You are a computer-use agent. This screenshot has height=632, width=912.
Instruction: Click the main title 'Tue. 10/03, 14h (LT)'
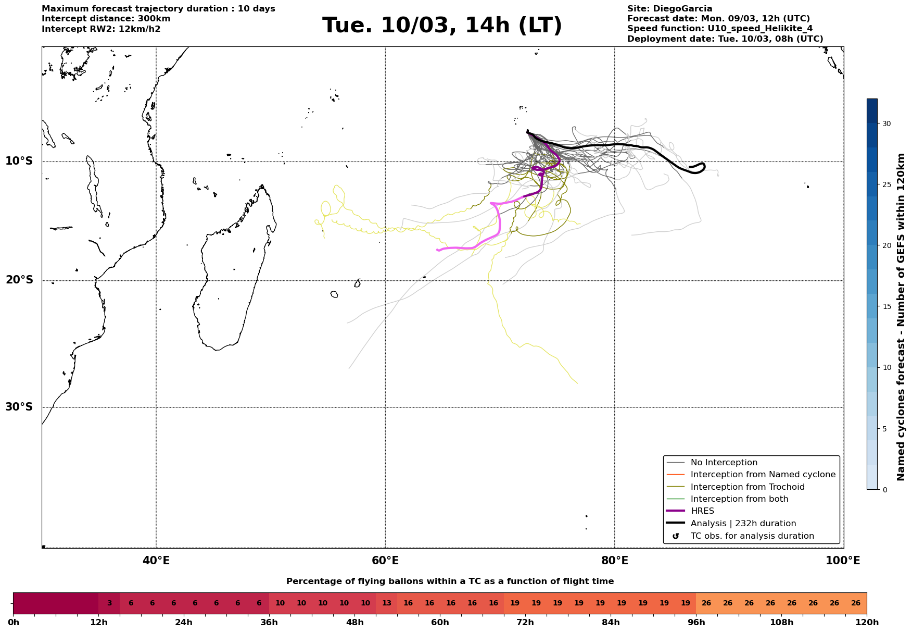click(442, 26)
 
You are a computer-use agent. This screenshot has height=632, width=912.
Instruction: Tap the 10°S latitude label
click(19, 161)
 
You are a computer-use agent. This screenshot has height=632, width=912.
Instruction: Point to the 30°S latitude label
click(19, 407)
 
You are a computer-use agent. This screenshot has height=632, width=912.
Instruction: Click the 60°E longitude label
click(385, 561)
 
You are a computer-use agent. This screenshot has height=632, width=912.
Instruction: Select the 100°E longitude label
click(843, 561)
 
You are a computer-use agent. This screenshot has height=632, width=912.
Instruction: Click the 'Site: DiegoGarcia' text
click(669, 9)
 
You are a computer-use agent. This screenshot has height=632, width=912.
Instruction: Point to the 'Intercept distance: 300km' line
click(106, 19)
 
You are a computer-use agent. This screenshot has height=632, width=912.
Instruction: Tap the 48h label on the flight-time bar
click(354, 622)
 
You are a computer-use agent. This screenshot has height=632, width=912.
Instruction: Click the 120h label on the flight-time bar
click(866, 622)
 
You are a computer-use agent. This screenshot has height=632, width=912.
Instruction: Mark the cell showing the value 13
click(386, 603)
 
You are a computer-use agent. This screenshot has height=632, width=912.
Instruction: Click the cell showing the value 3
click(109, 603)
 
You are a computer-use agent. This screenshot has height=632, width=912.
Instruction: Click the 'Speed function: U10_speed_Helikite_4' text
click(720, 29)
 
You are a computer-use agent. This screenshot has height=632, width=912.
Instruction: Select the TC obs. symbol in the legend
click(676, 536)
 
